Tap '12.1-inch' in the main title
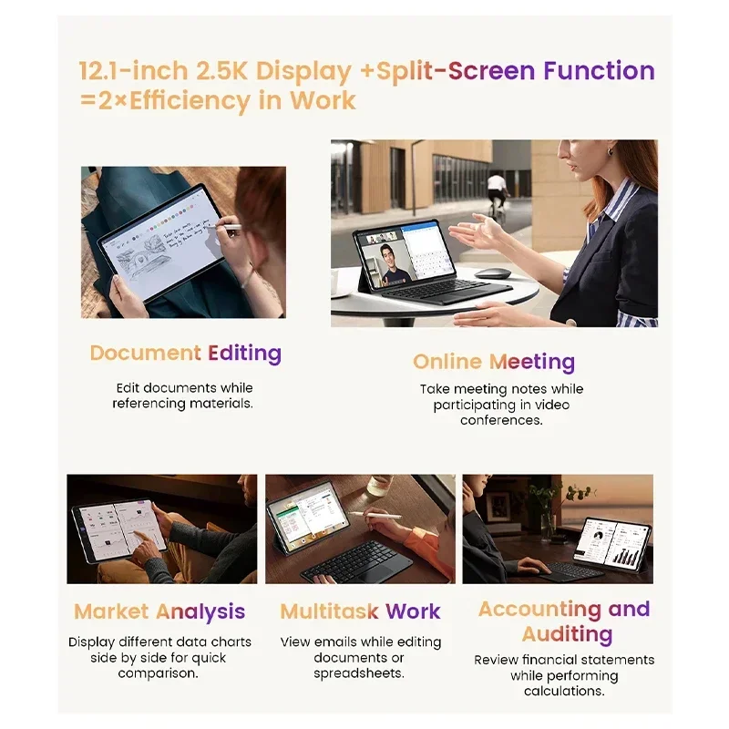[133, 71]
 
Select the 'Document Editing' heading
[186, 354]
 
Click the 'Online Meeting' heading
[494, 362]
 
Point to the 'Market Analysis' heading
[159, 611]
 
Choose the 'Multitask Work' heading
[360, 611]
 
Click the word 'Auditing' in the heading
[567, 634]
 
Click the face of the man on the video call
[388, 256]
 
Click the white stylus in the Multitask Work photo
[375, 515]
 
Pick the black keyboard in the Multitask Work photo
[357, 561]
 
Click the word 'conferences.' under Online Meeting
[502, 420]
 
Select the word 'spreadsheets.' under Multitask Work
[359, 673]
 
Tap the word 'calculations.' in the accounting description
[564, 691]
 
